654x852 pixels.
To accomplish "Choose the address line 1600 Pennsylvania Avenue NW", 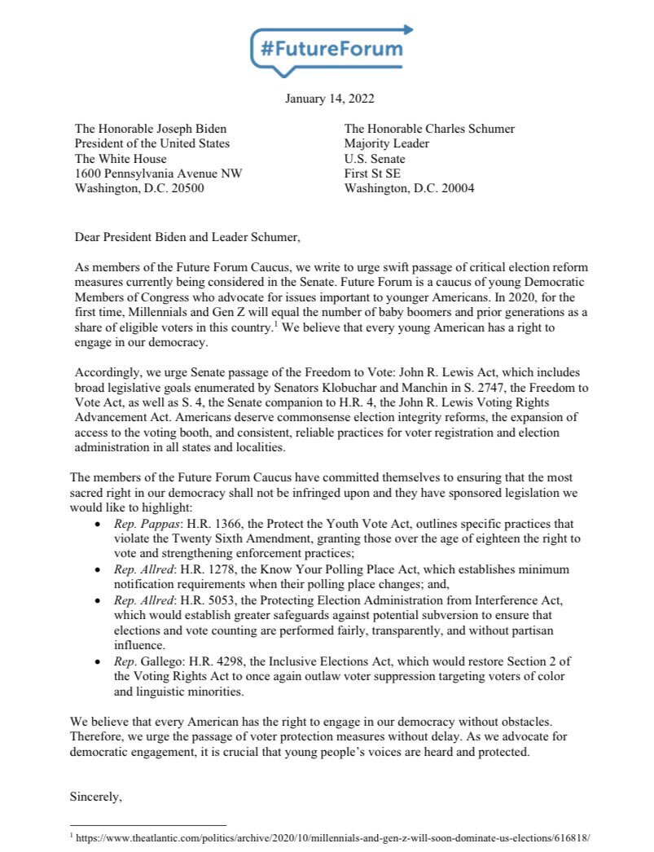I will pyautogui.click(x=158, y=173).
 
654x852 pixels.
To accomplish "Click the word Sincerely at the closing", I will pyautogui.click(x=96, y=797).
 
